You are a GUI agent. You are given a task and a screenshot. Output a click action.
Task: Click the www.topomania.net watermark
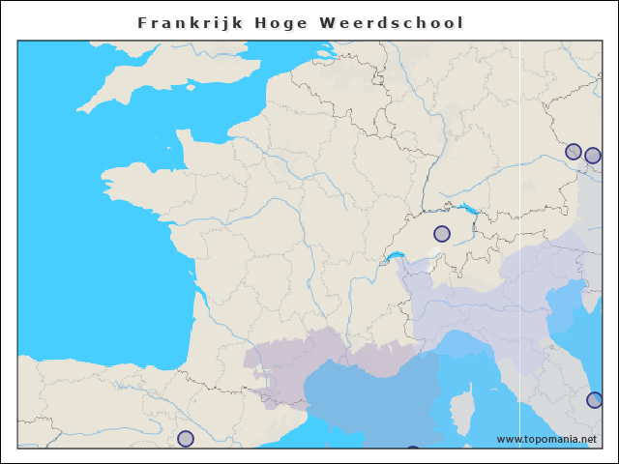point(546,439)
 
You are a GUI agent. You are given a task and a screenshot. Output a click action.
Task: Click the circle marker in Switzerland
point(442,233)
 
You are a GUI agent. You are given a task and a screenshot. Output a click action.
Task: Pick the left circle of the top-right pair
point(574,152)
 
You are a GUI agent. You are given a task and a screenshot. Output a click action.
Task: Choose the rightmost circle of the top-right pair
point(593,155)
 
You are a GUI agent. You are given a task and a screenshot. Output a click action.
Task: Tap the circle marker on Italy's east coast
point(595,399)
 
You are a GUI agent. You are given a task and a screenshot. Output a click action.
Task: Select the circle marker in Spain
point(186,439)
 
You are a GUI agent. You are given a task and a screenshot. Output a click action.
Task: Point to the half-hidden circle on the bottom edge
point(413,449)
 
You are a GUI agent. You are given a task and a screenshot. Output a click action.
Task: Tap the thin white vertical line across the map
point(520,290)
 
